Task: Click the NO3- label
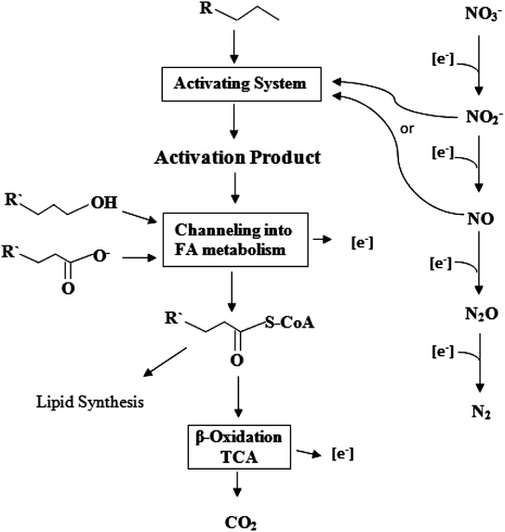(x=479, y=16)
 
